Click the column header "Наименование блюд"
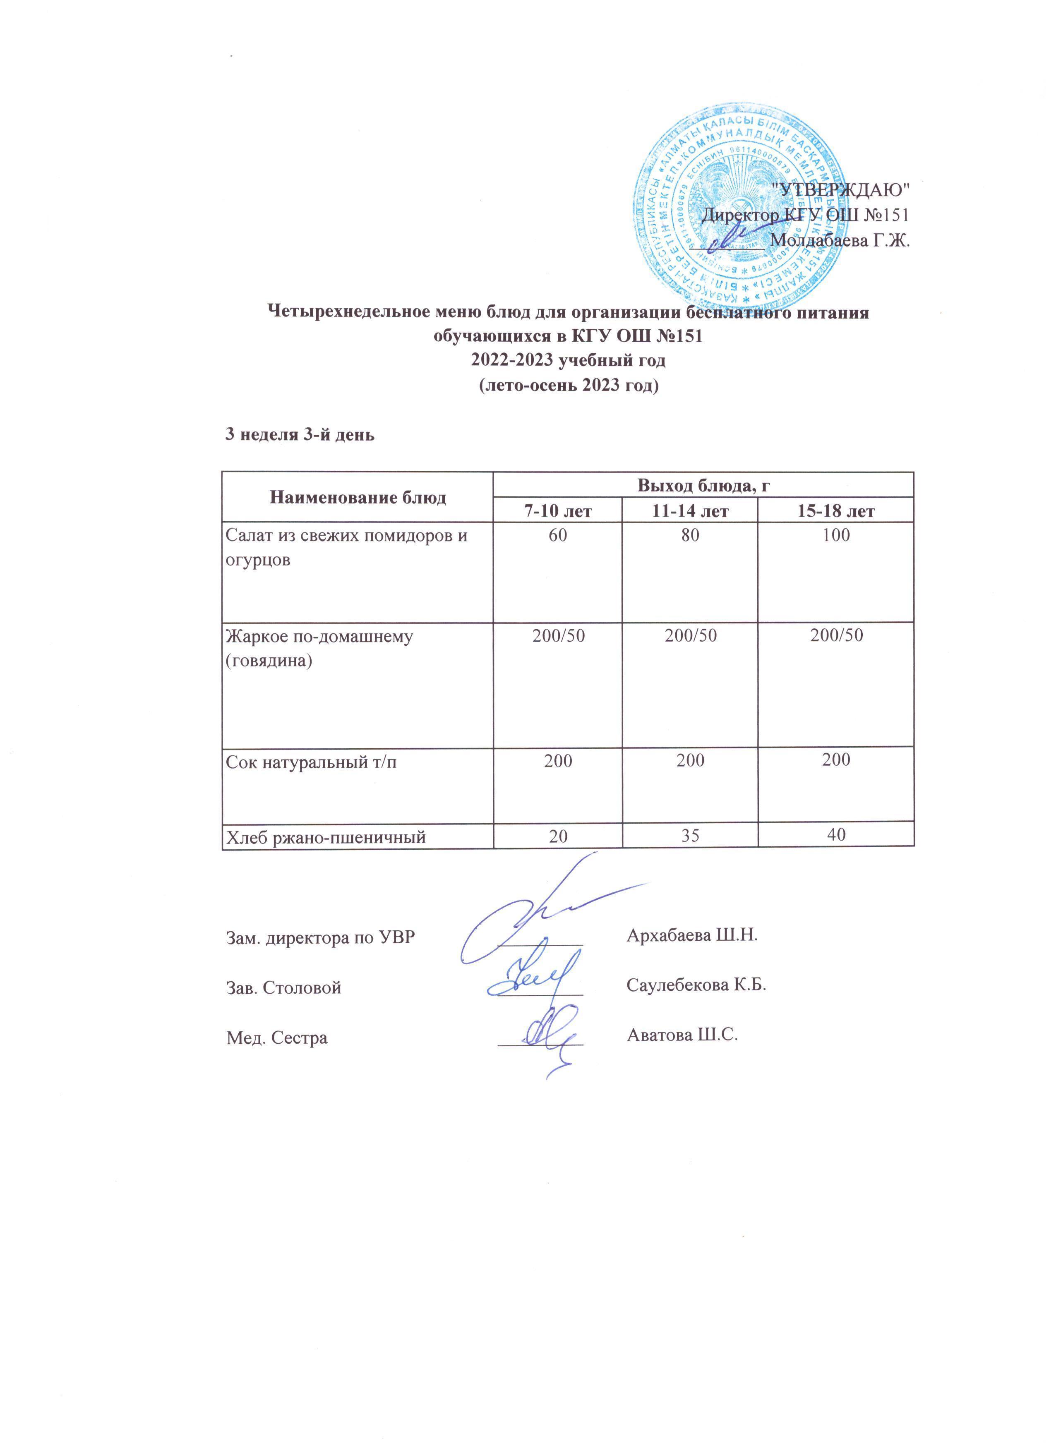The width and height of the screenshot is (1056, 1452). [358, 497]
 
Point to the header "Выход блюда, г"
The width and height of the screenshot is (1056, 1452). [703, 485]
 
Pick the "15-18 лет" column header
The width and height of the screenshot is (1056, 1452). [836, 511]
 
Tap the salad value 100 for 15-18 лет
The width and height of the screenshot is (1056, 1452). [836, 535]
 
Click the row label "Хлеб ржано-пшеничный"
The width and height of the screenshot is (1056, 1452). [326, 836]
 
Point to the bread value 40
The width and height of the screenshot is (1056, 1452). [836, 835]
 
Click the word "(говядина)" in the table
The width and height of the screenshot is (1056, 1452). [269, 661]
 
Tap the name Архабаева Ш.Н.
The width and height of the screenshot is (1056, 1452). [691, 935]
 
